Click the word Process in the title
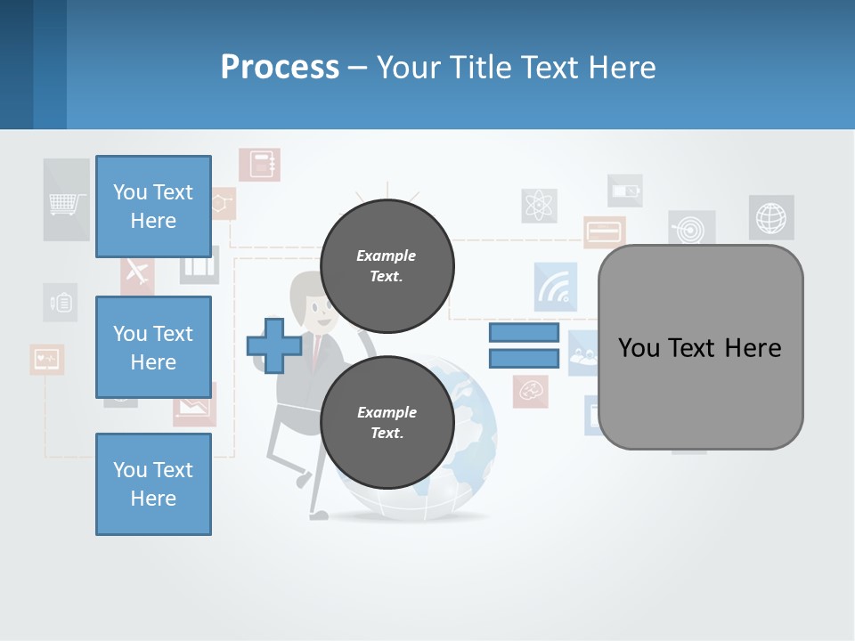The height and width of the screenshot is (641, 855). pos(280,67)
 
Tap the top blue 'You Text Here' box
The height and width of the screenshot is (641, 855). pos(153,207)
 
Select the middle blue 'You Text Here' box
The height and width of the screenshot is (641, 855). pos(153,347)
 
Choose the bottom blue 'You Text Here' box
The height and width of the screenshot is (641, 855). pos(153,484)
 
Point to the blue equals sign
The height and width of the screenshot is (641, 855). pos(524,346)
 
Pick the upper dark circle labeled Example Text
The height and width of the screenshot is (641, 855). pos(387,266)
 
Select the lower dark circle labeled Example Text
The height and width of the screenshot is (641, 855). pos(387,422)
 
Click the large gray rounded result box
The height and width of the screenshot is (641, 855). pos(700,347)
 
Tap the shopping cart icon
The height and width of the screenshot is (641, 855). pos(67,204)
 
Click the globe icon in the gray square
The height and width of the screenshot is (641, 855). pos(771,217)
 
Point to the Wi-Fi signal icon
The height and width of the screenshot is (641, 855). pos(556,287)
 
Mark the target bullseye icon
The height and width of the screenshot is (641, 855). pos(690,227)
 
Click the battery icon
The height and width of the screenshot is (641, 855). pos(624,191)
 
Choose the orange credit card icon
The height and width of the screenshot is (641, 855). pos(605,232)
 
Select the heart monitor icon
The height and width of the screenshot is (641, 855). pos(46,359)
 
